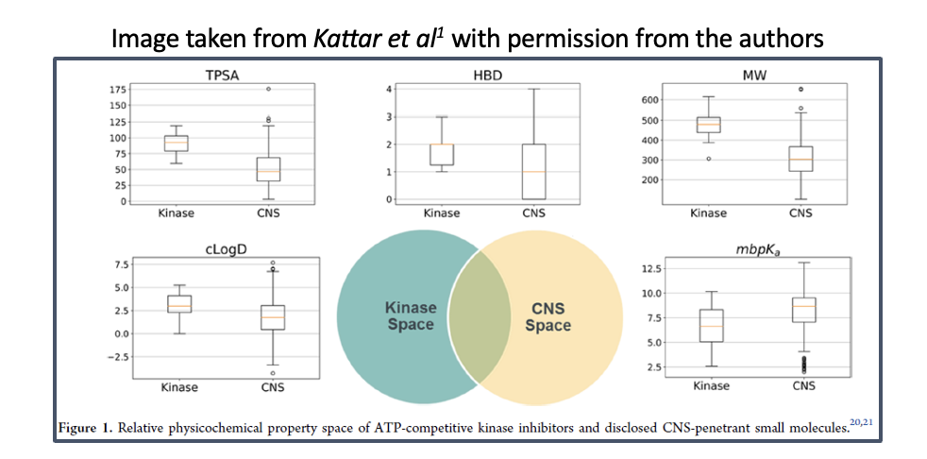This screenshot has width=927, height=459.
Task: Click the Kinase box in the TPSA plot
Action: click(x=176, y=143)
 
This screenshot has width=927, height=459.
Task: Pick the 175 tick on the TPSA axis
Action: click(x=120, y=90)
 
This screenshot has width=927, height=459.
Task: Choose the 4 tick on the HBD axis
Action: click(x=388, y=90)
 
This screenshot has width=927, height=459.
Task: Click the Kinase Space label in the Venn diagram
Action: click(x=410, y=316)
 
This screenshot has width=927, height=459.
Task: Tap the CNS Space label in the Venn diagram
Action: click(x=548, y=316)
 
